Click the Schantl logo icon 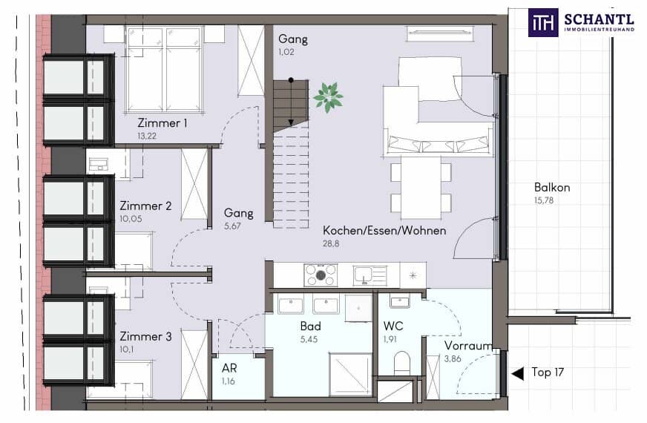click(543, 22)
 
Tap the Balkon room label click(552, 188)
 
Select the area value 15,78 click(545, 200)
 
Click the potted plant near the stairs click(328, 96)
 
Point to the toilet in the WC click(402, 363)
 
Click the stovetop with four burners click(321, 275)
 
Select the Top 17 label click(548, 373)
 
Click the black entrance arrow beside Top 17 click(517, 373)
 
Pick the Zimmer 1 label click(162, 123)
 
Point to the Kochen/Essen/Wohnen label click(384, 231)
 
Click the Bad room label click(310, 327)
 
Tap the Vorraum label click(468, 346)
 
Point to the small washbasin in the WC click(400, 301)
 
